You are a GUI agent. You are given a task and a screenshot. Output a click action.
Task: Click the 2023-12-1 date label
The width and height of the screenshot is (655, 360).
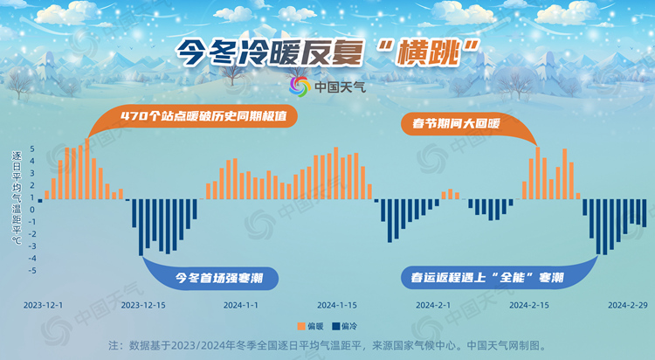[x=43, y=305]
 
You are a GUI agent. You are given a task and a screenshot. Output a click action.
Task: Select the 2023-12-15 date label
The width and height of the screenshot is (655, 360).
[x=143, y=305]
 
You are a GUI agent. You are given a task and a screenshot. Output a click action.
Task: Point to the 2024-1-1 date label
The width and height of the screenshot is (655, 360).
[x=241, y=305]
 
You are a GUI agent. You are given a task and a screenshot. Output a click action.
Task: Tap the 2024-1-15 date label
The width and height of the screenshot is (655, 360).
[x=337, y=305]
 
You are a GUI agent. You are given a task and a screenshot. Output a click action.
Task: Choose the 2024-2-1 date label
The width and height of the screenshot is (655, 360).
[x=433, y=305]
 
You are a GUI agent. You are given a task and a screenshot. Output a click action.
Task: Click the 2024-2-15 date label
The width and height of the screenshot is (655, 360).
[x=529, y=305]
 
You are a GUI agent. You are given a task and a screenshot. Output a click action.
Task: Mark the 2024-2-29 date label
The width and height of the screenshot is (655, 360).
[x=628, y=305]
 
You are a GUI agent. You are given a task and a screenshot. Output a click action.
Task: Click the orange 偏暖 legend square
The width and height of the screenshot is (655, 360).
[x=301, y=326]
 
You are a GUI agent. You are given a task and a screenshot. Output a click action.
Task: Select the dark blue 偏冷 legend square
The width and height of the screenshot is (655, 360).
[x=335, y=326]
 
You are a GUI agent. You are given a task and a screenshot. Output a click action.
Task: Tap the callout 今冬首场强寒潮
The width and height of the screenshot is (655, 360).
[x=219, y=278]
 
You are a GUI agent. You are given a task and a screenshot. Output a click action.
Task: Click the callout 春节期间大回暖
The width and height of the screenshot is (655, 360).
[x=456, y=123]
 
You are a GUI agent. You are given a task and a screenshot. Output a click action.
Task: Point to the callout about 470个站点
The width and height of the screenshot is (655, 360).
[x=203, y=116]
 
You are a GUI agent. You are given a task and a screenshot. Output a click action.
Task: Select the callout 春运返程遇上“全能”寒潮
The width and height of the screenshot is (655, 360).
[x=487, y=277]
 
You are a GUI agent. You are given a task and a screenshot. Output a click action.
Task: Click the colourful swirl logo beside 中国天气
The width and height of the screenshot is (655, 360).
[x=300, y=87]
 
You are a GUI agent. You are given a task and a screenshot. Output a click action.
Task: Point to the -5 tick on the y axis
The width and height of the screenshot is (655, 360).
[x=32, y=271]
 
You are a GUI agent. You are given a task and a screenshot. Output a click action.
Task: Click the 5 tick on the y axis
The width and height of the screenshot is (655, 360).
[x=32, y=149]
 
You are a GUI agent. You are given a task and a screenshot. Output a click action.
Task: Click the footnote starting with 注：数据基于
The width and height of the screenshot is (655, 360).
[x=327, y=345]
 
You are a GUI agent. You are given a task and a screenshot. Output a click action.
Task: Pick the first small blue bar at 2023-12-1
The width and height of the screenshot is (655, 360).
[x=40, y=201]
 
